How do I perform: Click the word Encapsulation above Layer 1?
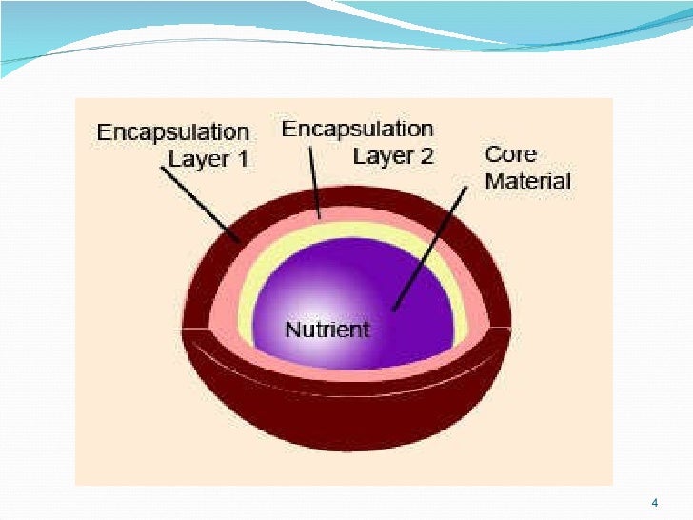tap(172, 132)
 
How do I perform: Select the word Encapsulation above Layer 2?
tap(357, 130)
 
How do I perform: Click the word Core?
tap(510, 154)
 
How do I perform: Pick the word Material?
tap(527, 180)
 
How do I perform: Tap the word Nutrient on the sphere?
tap(327, 330)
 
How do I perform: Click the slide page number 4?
tap(654, 502)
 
